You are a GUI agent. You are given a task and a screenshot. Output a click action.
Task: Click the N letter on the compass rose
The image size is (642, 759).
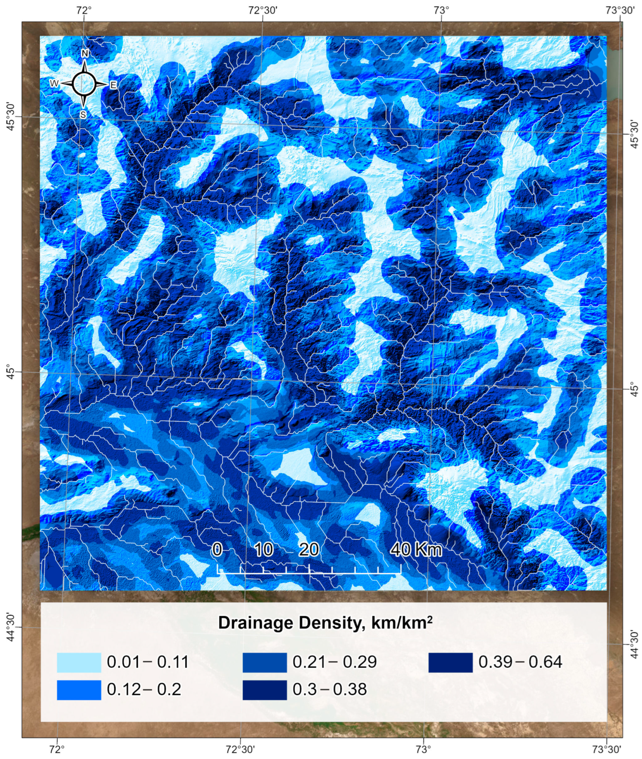point(85,54)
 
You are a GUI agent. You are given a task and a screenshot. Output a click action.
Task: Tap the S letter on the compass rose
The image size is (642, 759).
point(83,115)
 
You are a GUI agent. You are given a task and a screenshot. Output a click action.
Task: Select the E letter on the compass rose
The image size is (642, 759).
point(113,85)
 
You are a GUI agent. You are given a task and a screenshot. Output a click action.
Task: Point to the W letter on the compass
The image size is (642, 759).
point(54,84)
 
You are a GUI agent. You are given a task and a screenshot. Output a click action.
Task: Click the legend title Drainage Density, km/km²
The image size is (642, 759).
point(325,623)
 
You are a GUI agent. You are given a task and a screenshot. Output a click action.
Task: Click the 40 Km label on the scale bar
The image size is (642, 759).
point(416,549)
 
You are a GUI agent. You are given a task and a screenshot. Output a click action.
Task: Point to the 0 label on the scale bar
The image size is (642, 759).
point(217,549)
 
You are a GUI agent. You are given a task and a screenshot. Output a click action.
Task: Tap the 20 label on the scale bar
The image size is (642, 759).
point(309,549)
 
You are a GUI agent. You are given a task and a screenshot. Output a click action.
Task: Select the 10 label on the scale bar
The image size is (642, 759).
point(264,549)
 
